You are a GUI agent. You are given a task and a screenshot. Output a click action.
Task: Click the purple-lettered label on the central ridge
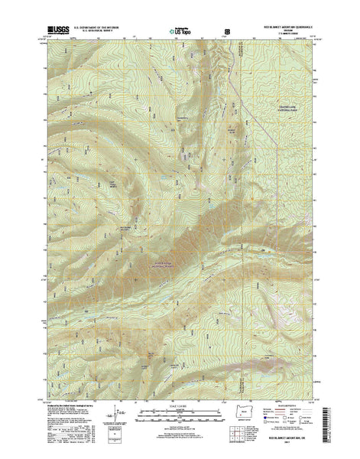[159, 262]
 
